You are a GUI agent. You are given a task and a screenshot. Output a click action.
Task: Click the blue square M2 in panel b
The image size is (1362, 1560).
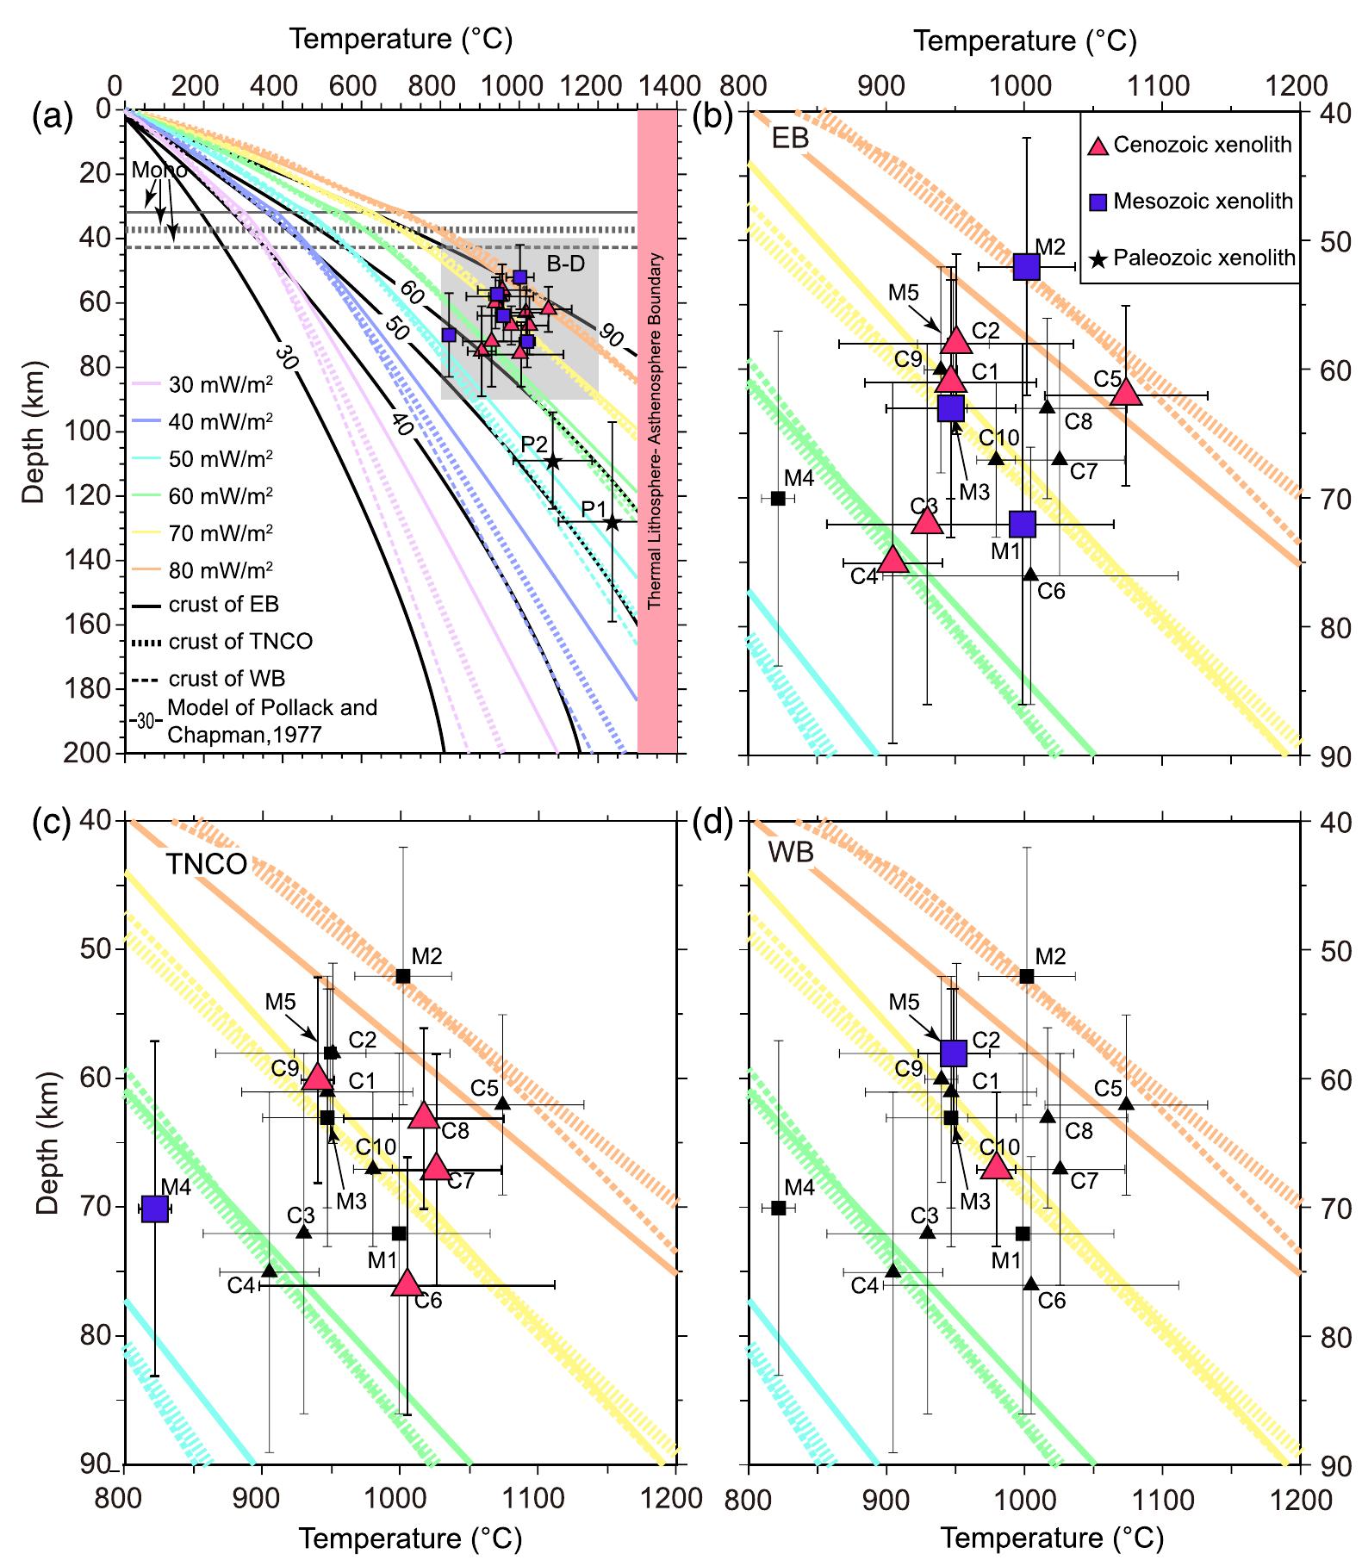coord(1026,267)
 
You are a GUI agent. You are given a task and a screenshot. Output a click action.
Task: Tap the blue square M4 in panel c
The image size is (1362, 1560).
coord(154,1209)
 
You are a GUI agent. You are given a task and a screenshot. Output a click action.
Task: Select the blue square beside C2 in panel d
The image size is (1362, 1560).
coord(954,1053)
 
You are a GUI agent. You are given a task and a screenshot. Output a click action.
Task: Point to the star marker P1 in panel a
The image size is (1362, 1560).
coord(613,523)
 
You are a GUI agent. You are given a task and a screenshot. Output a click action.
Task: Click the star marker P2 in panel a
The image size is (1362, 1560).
coord(552,462)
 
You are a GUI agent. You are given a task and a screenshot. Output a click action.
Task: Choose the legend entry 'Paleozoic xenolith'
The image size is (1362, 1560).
coord(1193,258)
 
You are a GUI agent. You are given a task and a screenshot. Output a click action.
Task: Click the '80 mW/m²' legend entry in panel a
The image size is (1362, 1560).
coord(221,569)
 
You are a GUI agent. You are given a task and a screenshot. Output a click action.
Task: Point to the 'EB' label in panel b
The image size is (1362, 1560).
coord(790,138)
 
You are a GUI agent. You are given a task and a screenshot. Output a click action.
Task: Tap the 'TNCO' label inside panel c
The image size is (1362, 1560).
coord(206,864)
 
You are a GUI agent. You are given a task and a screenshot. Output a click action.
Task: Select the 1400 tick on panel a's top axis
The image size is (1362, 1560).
coord(673,86)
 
